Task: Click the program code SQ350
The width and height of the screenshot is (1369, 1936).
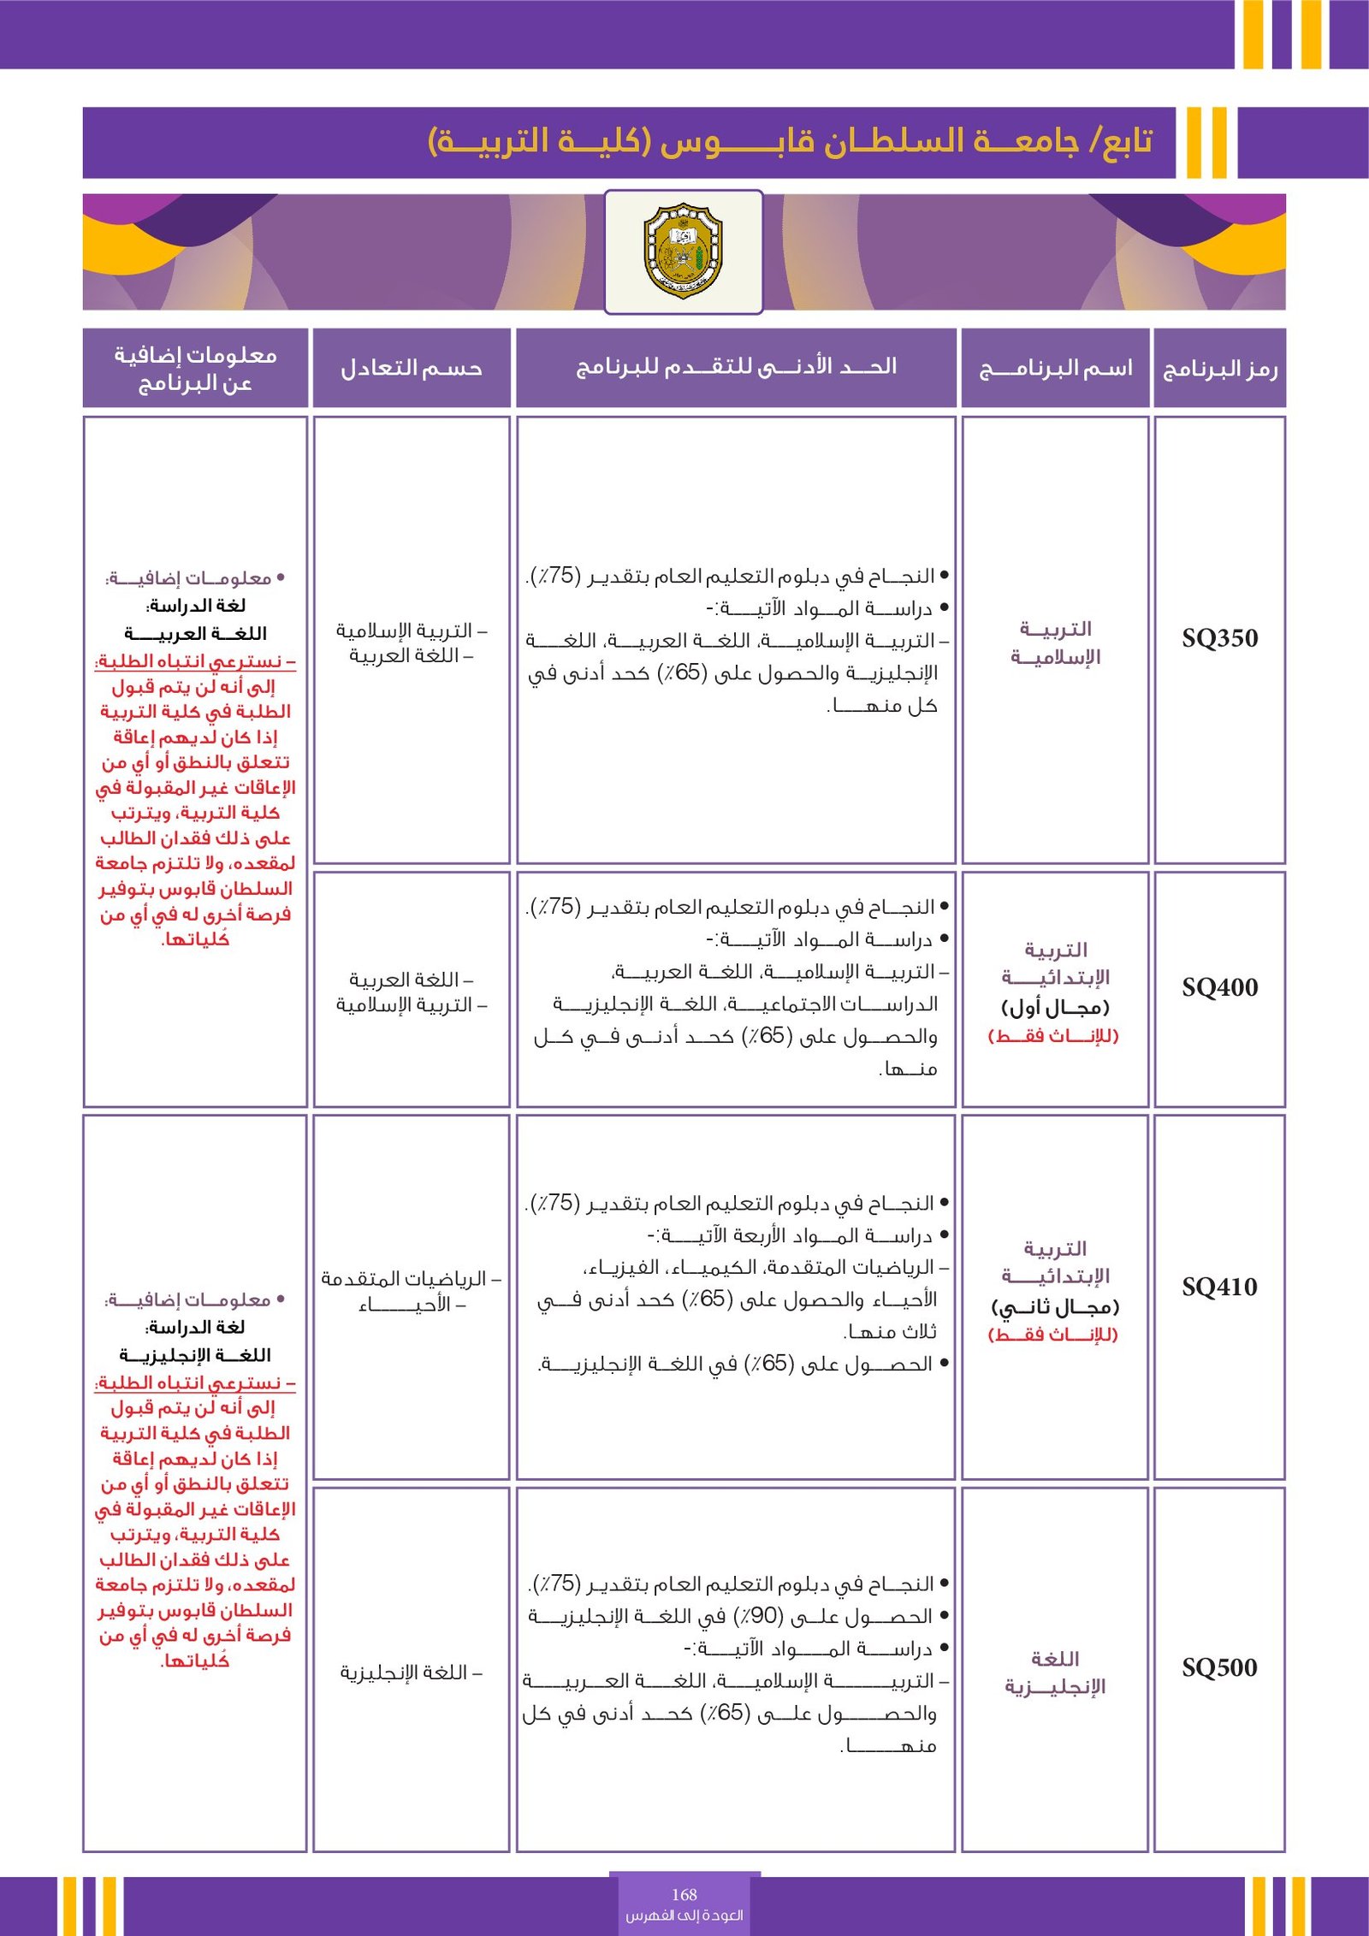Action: pos(1219,638)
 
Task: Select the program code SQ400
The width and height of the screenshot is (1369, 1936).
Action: pos(1219,987)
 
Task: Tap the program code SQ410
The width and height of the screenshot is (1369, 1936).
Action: pos(1219,1287)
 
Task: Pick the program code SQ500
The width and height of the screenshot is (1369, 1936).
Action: pos(1219,1667)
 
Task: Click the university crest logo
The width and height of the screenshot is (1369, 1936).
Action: pos(683,251)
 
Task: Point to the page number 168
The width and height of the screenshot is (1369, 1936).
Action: pos(684,1894)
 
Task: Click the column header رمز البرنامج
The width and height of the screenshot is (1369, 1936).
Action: pos(1219,369)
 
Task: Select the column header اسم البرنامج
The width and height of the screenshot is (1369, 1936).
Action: pos(1055,369)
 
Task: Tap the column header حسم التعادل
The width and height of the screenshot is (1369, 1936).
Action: pos(412,369)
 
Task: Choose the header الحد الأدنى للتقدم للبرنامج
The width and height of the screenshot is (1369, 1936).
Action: pos(736,367)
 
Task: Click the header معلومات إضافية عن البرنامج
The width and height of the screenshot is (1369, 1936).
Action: pos(195,368)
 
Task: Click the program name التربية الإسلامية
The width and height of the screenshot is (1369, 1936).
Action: pos(1055,642)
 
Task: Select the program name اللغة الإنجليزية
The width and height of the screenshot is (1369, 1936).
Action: pos(1055,1673)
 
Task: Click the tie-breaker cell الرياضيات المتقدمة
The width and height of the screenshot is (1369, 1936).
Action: pos(412,1279)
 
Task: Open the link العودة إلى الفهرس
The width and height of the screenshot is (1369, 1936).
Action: pos(684,1915)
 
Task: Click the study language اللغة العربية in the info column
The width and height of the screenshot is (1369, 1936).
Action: pos(195,634)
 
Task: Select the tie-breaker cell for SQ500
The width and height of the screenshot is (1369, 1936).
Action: pos(412,1673)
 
